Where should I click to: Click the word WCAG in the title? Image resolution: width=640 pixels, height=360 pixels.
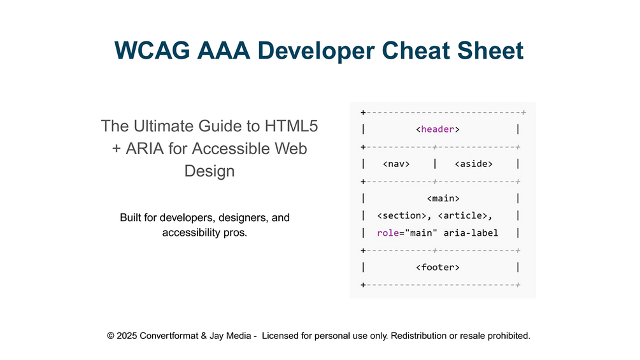point(152,50)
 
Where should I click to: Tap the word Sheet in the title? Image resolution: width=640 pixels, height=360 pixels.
point(490,50)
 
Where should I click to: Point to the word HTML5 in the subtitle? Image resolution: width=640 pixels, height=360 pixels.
point(291,126)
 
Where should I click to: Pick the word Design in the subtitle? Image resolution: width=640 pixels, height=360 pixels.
point(210,171)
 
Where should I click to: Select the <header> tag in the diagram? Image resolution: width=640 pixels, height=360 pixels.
point(437,129)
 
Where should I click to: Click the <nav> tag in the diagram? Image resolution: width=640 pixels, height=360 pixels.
point(396,164)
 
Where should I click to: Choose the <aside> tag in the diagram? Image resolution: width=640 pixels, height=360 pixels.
point(473,164)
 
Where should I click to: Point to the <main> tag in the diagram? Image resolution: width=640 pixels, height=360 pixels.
point(443,198)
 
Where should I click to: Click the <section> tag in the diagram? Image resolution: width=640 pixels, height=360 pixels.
point(402,215)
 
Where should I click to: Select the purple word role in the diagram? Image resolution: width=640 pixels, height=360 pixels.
point(388,233)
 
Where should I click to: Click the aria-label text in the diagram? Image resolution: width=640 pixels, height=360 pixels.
point(471,233)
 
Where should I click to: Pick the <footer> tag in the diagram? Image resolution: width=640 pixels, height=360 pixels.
point(437,268)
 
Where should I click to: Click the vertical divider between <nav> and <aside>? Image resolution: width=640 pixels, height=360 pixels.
point(435,164)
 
